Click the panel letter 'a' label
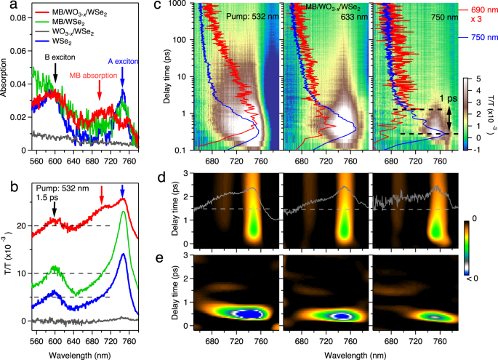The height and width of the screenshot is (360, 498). (x=5, y=6)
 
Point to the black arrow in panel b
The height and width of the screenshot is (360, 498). (x=55, y=209)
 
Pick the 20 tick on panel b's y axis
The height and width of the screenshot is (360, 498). (x=23, y=225)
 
